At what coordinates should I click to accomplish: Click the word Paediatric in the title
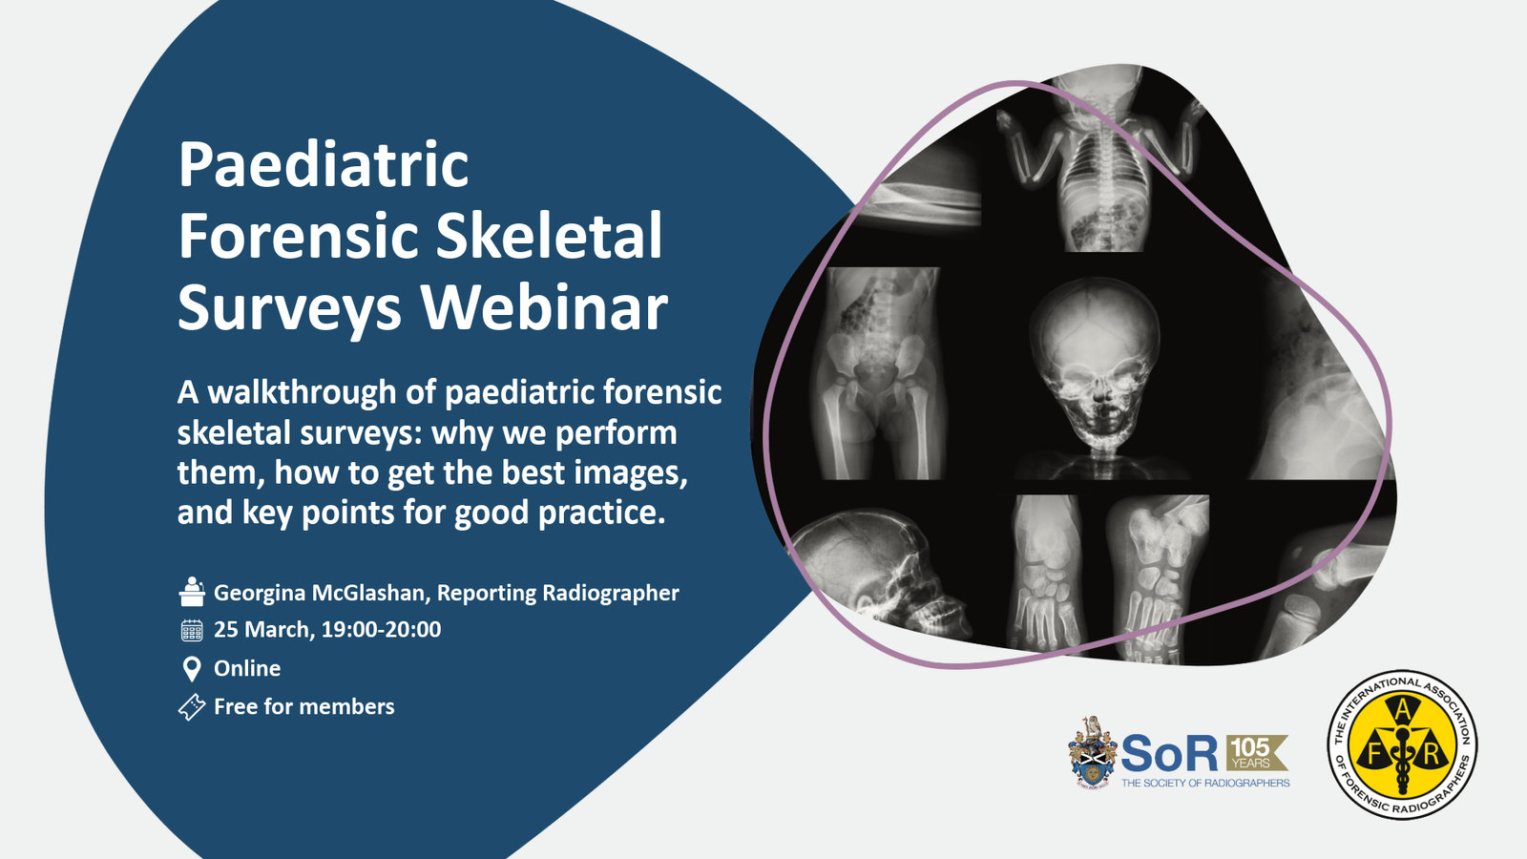coord(324,166)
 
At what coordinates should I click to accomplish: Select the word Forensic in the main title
coord(298,236)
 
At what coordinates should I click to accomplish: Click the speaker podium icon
coord(192,592)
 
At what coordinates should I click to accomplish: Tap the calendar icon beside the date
coord(192,630)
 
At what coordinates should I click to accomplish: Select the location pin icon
coord(192,669)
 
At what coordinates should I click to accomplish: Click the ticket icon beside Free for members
coord(192,707)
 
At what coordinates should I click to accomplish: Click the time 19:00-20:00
coord(381,629)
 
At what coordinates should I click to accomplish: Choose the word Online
coord(247,668)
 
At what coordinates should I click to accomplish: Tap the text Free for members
coord(304,706)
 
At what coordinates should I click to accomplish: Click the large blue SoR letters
coord(1170,753)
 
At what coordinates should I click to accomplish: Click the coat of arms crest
coord(1092,752)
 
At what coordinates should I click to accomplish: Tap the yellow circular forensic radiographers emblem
coord(1402,744)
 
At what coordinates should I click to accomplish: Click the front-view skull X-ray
coord(1095,368)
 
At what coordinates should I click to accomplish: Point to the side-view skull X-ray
coord(879,576)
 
